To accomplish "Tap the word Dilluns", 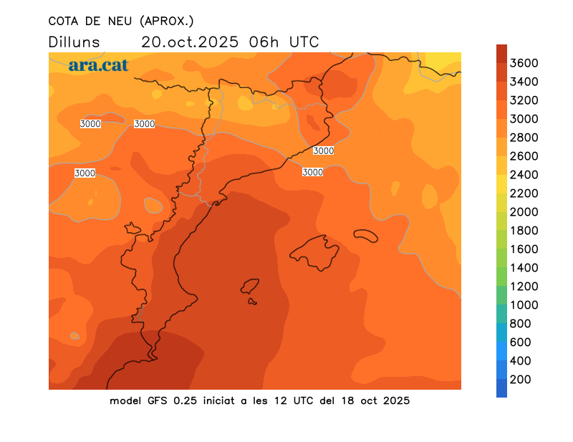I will point(74,42).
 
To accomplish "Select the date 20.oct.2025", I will point(191,42).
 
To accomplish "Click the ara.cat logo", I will point(98,65).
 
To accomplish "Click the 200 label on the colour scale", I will point(520,380).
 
